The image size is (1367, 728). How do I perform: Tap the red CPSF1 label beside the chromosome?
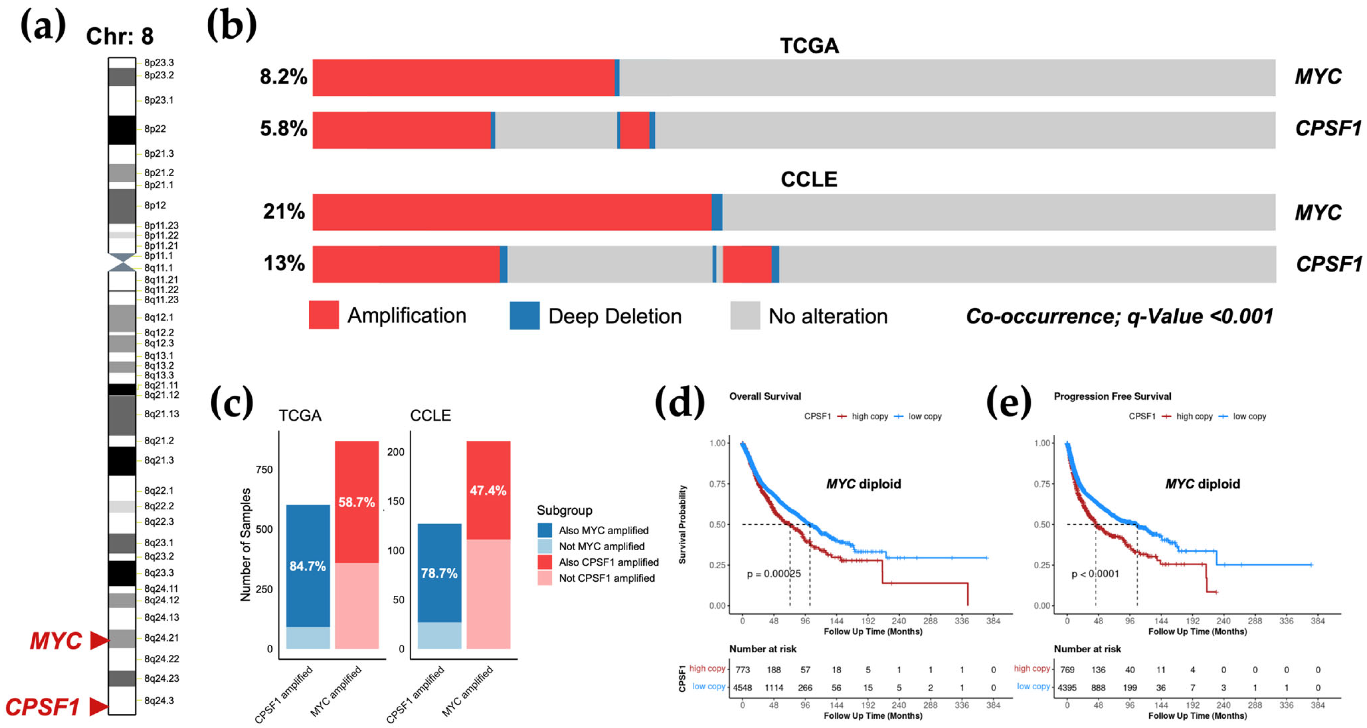(42, 707)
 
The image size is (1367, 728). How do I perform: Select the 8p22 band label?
(155, 129)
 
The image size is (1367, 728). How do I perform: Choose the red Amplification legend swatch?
(324, 315)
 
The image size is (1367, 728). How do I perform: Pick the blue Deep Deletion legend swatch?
(524, 316)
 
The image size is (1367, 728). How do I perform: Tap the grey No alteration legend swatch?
(745, 316)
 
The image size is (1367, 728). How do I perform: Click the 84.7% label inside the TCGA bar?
(308, 566)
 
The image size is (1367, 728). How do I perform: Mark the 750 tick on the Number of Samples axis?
(264, 470)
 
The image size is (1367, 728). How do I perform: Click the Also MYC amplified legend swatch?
(544, 530)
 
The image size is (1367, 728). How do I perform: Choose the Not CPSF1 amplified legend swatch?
(544, 578)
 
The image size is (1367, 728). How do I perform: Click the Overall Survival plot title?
(765, 396)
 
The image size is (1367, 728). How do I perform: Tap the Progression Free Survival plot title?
(1112, 396)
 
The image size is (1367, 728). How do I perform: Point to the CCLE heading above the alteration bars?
(808, 180)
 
